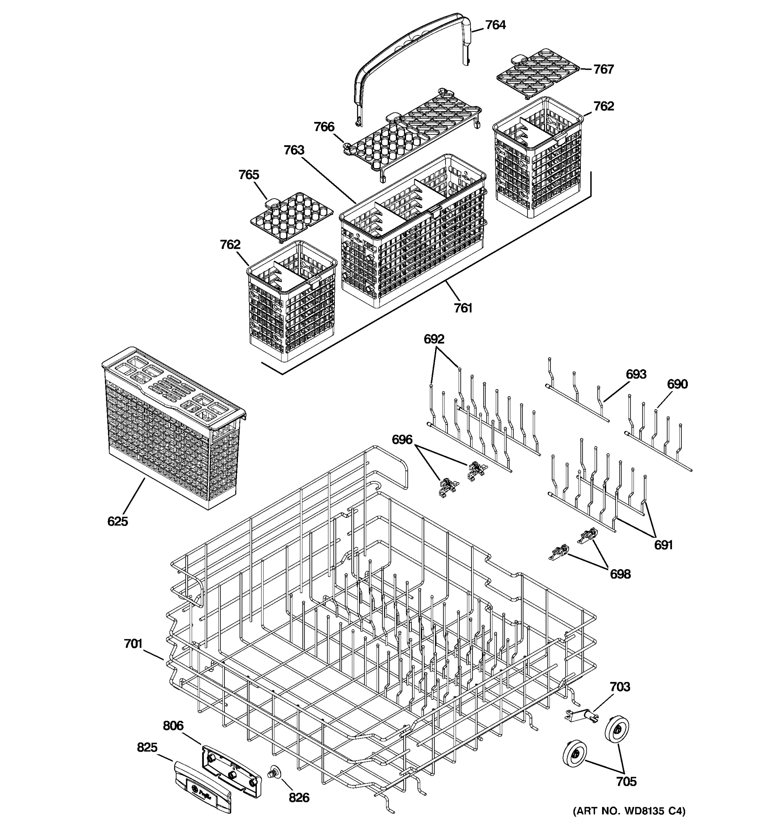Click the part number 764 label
[x=495, y=25]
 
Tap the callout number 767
[x=604, y=69]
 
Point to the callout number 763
[x=294, y=150]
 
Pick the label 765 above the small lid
[x=249, y=175]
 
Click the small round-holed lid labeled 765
[x=292, y=217]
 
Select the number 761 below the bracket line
[x=463, y=308]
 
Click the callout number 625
[x=118, y=521]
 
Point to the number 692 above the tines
[x=434, y=339]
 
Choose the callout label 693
[x=636, y=374]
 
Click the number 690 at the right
[x=677, y=384]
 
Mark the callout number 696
[x=402, y=440]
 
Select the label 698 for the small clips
[x=620, y=574]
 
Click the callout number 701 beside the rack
[x=133, y=644]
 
